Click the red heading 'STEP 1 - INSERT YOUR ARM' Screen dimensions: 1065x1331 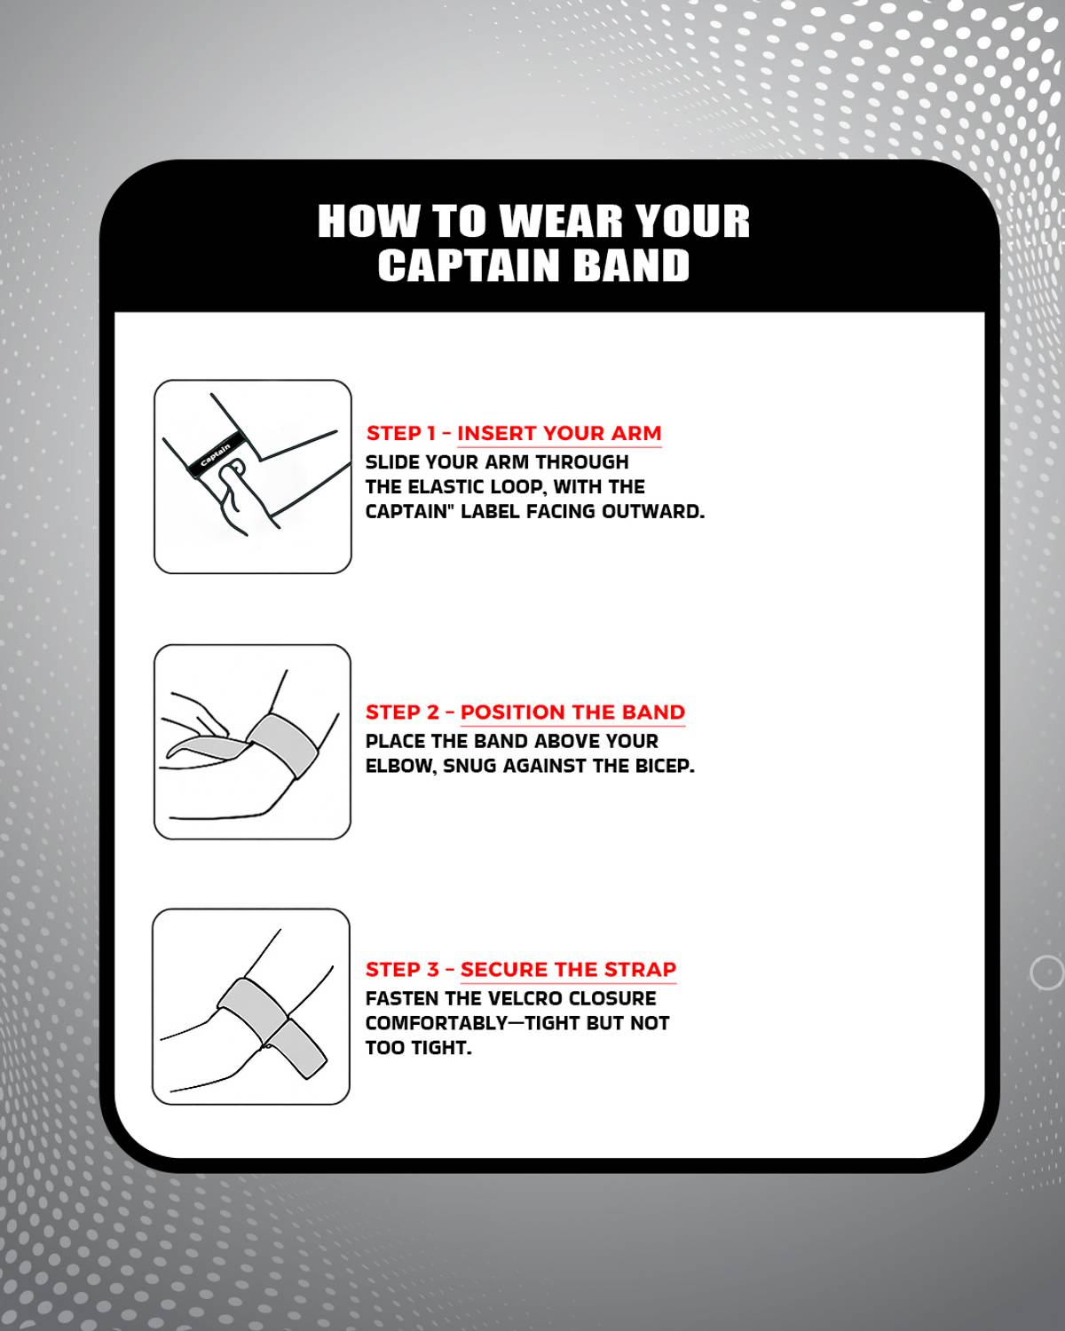coord(514,433)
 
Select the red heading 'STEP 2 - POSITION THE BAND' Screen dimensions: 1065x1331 coord(525,712)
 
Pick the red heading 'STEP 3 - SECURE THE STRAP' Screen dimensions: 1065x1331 coord(521,969)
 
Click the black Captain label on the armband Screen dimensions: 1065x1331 coord(214,454)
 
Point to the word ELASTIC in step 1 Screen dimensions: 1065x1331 coord(448,487)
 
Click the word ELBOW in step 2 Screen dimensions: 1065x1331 coord(403,767)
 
